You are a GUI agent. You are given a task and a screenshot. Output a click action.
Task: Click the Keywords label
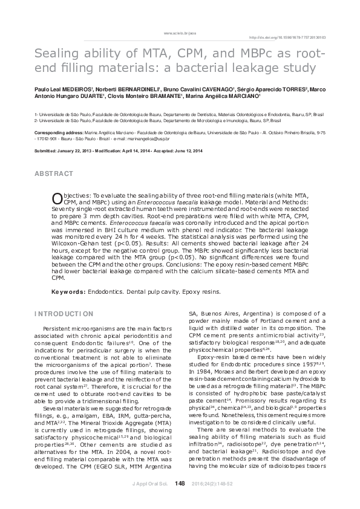(x=68, y=291)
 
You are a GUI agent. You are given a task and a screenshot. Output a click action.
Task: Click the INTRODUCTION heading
(x=64, y=314)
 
